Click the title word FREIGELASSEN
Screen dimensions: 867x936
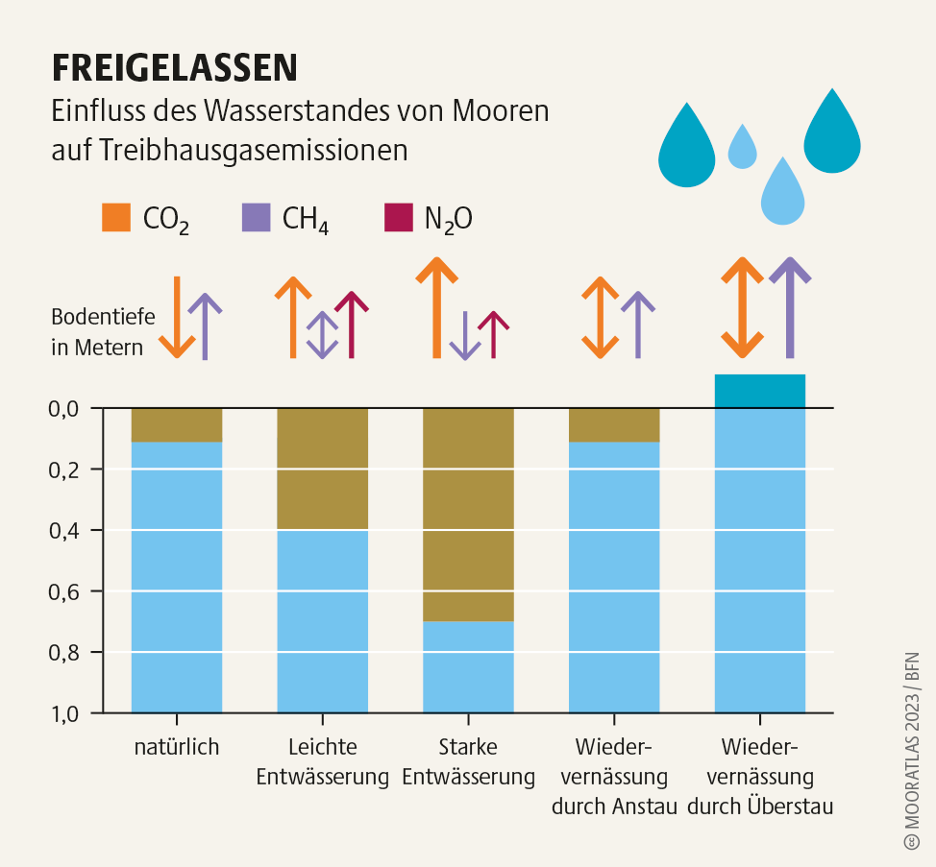174,68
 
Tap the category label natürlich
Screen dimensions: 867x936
177,747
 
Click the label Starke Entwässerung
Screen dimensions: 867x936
468,761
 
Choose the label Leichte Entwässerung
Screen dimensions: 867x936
322,761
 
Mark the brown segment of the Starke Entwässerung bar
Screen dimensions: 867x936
468,514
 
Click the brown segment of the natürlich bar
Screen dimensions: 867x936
177,424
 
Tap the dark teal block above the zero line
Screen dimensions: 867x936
759,391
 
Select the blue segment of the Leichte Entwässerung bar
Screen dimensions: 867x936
322,620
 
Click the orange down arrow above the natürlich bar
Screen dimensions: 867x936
177,317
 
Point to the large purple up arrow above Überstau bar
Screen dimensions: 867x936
790,306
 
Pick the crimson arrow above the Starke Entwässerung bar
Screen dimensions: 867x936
494,334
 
